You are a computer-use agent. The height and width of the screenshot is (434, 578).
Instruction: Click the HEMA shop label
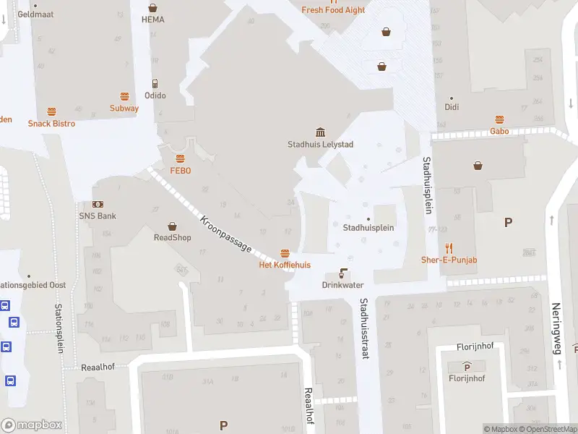click(x=152, y=20)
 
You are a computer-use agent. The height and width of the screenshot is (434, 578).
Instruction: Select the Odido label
click(x=155, y=95)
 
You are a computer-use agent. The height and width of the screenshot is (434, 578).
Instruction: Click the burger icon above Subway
click(x=124, y=96)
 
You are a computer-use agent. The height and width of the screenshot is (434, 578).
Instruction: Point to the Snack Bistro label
click(x=51, y=124)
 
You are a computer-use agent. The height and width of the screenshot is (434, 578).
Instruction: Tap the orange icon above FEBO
click(x=180, y=158)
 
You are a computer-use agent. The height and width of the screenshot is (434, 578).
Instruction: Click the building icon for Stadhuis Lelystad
click(x=320, y=132)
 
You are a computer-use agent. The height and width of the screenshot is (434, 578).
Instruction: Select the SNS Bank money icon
click(x=98, y=205)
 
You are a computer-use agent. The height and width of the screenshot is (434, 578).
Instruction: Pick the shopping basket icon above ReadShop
click(x=173, y=226)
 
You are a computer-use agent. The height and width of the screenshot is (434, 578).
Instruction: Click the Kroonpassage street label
click(x=226, y=234)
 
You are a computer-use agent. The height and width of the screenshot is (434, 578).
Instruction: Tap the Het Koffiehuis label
click(x=285, y=265)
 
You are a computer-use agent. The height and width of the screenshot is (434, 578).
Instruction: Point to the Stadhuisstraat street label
click(x=364, y=329)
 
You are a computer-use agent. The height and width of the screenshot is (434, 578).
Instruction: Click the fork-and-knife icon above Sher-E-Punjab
click(x=449, y=247)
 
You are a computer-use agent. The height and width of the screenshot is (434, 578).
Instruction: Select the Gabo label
click(x=499, y=131)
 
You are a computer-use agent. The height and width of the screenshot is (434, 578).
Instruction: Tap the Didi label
click(x=452, y=107)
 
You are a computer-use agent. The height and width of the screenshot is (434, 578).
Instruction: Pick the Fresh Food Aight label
click(x=333, y=10)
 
